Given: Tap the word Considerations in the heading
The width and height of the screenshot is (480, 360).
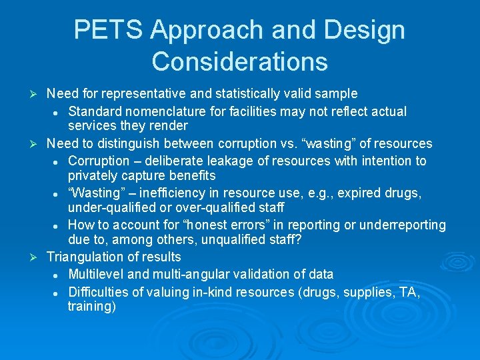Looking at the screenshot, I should (x=239, y=61).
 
